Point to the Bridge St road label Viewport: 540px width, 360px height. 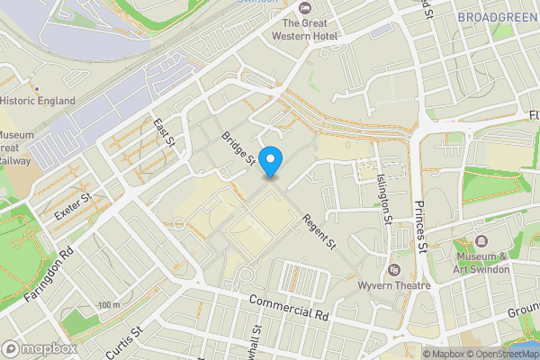coord(238,149)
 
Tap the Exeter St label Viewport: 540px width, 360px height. coord(74,210)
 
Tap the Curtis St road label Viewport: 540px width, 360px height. coord(125,343)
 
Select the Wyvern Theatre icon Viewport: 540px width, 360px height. coord(393,269)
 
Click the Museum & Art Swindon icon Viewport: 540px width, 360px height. coord(482,241)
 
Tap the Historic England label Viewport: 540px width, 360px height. coord(38,101)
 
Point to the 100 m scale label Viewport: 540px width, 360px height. coord(110,306)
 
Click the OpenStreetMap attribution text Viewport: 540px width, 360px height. coord(501,354)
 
